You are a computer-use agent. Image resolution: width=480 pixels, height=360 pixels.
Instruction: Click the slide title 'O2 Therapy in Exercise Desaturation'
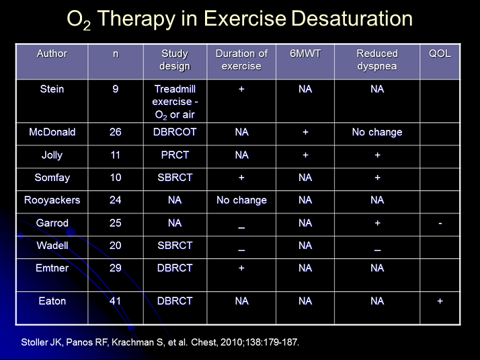(x=240, y=19)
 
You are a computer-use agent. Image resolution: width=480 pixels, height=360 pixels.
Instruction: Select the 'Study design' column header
(x=175, y=60)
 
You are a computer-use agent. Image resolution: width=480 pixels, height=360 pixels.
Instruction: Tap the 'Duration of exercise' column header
(x=241, y=60)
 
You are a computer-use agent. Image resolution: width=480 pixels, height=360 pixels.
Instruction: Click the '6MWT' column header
(x=305, y=54)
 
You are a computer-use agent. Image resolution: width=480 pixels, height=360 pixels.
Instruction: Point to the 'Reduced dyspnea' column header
(x=377, y=60)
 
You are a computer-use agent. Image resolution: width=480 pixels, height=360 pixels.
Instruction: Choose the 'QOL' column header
(x=440, y=54)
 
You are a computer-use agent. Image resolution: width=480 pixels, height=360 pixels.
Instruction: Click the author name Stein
(x=52, y=89)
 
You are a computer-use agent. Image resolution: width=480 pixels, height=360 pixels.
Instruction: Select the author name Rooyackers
(x=52, y=200)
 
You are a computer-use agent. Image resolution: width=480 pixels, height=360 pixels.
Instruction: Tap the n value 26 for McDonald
(x=116, y=132)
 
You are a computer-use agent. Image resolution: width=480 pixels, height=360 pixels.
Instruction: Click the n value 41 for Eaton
(x=116, y=301)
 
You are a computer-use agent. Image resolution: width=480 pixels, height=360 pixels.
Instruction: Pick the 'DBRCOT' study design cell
(x=175, y=132)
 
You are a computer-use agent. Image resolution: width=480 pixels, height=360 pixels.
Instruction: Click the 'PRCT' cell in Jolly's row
(x=175, y=155)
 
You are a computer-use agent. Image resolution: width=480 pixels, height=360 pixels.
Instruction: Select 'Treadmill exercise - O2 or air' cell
(x=175, y=101)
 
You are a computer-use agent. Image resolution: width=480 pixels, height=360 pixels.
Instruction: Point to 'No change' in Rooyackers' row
(x=241, y=200)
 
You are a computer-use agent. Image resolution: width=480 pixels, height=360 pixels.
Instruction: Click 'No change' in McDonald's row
(x=377, y=132)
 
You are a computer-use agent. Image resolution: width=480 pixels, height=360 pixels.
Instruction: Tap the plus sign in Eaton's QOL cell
(x=440, y=301)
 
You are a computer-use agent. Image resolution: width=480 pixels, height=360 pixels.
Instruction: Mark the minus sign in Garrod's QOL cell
(x=440, y=223)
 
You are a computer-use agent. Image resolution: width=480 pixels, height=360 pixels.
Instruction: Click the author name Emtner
(x=52, y=268)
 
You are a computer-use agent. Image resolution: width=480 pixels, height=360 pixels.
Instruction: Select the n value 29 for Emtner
(x=116, y=268)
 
